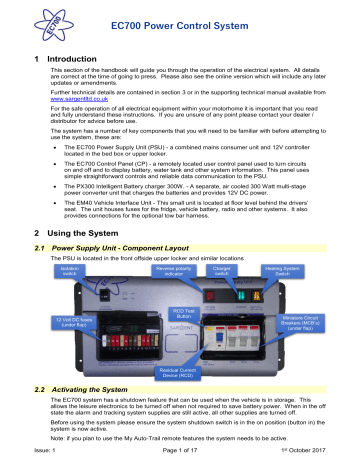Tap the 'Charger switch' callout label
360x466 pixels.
click(x=227, y=271)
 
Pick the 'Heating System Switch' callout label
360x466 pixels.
click(x=294, y=271)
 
